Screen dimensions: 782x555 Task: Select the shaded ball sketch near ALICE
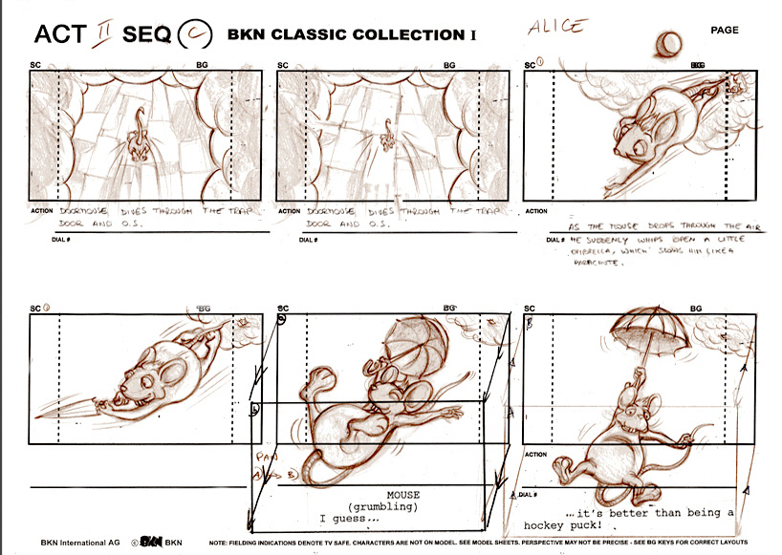pos(669,43)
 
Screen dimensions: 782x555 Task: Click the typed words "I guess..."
pos(348,520)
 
